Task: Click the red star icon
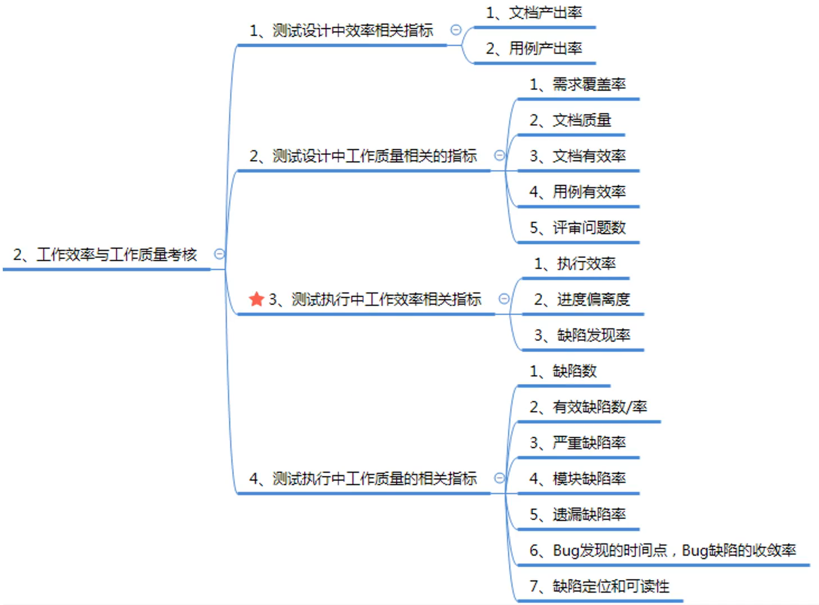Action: tap(256, 299)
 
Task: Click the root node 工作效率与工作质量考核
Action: tap(105, 255)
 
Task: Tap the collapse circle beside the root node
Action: tap(220, 254)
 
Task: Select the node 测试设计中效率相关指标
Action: tap(341, 30)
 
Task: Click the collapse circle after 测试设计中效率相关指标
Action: tap(456, 30)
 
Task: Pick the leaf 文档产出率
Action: tap(534, 13)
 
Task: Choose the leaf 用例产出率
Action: tap(534, 49)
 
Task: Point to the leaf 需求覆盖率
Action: tap(578, 85)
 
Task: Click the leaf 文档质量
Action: tap(570, 120)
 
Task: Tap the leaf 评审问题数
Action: tap(578, 228)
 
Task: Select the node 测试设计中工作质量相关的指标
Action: tap(363, 156)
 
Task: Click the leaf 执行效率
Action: tap(575, 264)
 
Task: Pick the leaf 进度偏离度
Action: tap(582, 300)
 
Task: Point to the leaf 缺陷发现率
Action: tap(582, 336)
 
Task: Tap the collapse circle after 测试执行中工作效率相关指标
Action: tap(504, 299)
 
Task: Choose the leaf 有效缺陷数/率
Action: tap(588, 407)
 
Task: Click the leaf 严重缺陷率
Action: tap(578, 443)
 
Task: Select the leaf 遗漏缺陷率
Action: tap(578, 515)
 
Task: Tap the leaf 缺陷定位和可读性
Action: tap(599, 587)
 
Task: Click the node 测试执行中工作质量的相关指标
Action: tap(363, 478)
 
